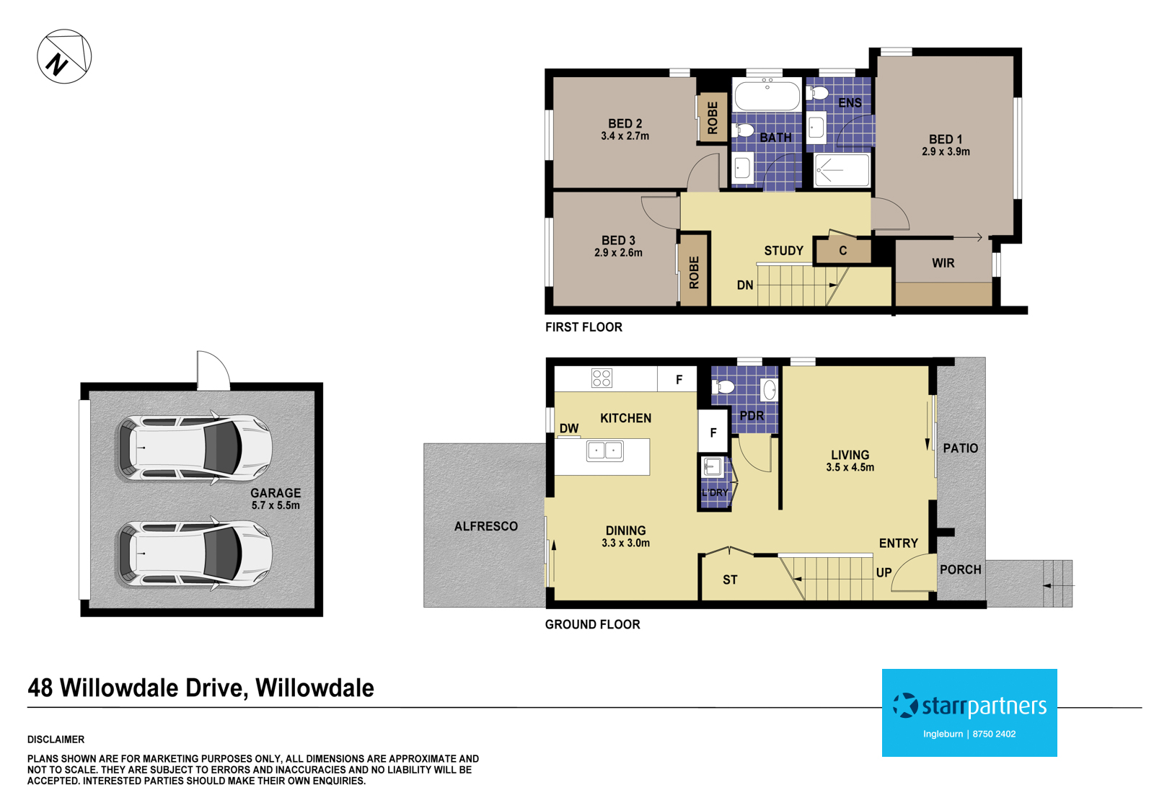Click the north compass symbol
pos(64,57)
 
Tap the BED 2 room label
pos(625,124)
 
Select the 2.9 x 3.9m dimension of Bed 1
pos(945,152)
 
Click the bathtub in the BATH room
pos(767,95)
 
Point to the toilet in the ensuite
pos(819,92)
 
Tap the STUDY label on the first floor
pos(783,251)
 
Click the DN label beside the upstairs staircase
pos(745,285)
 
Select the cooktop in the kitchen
pos(602,378)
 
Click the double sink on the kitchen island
pos(604,451)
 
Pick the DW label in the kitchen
pos(568,428)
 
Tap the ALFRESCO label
pos(485,527)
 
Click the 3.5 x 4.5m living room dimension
pos(850,468)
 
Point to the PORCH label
pos(960,569)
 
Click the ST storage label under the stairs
pos(730,580)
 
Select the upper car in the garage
pos(194,448)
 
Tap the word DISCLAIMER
pos(56,740)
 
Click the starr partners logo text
pos(983,706)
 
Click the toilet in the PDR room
pos(723,387)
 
